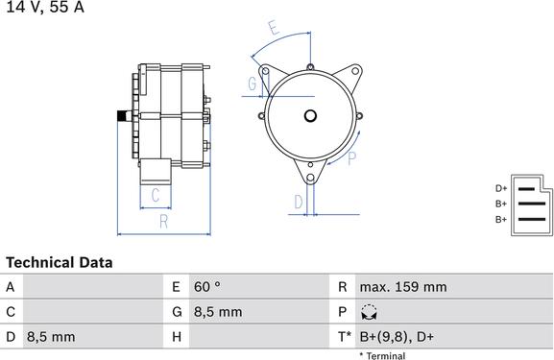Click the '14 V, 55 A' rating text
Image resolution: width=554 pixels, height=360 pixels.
click(x=43, y=8)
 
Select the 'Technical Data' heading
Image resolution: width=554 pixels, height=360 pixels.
click(x=59, y=262)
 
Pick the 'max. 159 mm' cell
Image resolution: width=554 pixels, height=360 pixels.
click(x=402, y=287)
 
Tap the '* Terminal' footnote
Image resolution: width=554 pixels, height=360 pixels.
click(x=382, y=355)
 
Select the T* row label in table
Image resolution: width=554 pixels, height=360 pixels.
click(x=344, y=337)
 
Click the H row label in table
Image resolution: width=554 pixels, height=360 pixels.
click(x=177, y=337)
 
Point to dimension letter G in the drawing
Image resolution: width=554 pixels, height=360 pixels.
click(x=252, y=84)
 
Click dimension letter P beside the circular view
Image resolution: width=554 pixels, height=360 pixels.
click(x=352, y=157)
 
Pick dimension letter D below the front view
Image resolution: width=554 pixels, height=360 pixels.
click(x=299, y=202)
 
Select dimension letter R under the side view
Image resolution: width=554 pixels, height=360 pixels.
click(x=164, y=223)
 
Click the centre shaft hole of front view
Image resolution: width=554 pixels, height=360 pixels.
click(x=309, y=117)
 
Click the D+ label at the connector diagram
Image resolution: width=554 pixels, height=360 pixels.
click(x=500, y=189)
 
